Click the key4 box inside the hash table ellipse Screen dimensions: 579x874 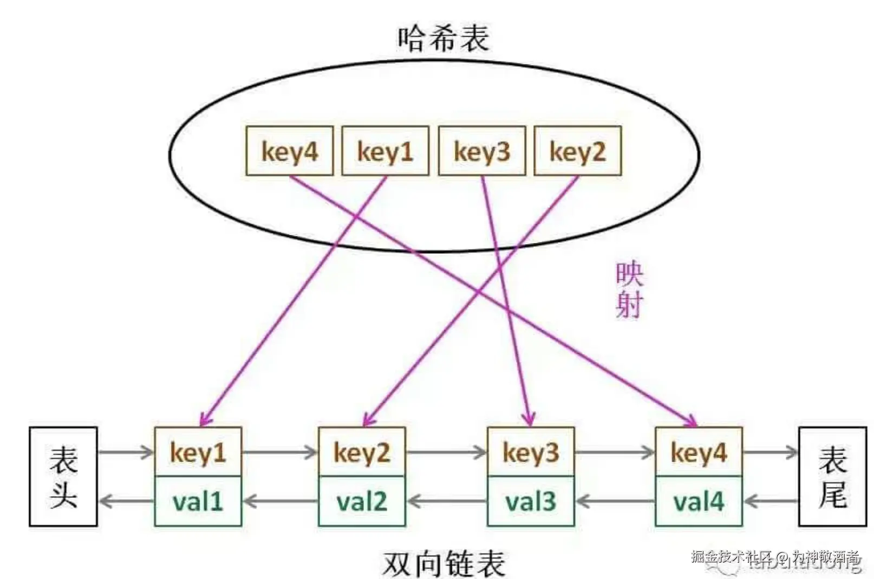pyautogui.click(x=289, y=151)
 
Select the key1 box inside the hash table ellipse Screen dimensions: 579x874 pyautogui.click(x=385, y=151)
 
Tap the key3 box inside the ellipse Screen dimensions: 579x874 pyautogui.click(x=481, y=151)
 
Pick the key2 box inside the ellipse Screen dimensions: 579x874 pyautogui.click(x=577, y=151)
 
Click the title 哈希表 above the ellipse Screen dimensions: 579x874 pyautogui.click(x=443, y=38)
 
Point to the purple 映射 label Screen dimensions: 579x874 pyautogui.click(x=629, y=290)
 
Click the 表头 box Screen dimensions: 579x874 pyautogui.click(x=63, y=477)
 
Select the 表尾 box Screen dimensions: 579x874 pyautogui.click(x=832, y=477)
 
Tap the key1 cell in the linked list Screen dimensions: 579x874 pyautogui.click(x=198, y=452)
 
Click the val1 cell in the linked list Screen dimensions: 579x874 pyautogui.click(x=198, y=501)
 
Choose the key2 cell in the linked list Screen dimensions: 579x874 pyautogui.click(x=362, y=452)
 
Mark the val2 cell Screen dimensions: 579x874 pyautogui.click(x=362, y=501)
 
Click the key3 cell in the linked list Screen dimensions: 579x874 pyautogui.click(x=531, y=452)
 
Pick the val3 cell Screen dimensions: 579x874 pyautogui.click(x=531, y=501)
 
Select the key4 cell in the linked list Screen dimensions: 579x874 pyautogui.click(x=699, y=452)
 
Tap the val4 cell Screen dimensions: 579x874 pyautogui.click(x=699, y=501)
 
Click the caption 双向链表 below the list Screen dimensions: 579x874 pyautogui.click(x=443, y=563)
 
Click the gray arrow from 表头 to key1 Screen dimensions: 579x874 pyautogui.click(x=126, y=452)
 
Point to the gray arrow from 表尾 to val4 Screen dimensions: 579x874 pyautogui.click(x=771, y=501)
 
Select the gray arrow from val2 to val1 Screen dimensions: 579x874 pyautogui.click(x=280, y=501)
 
